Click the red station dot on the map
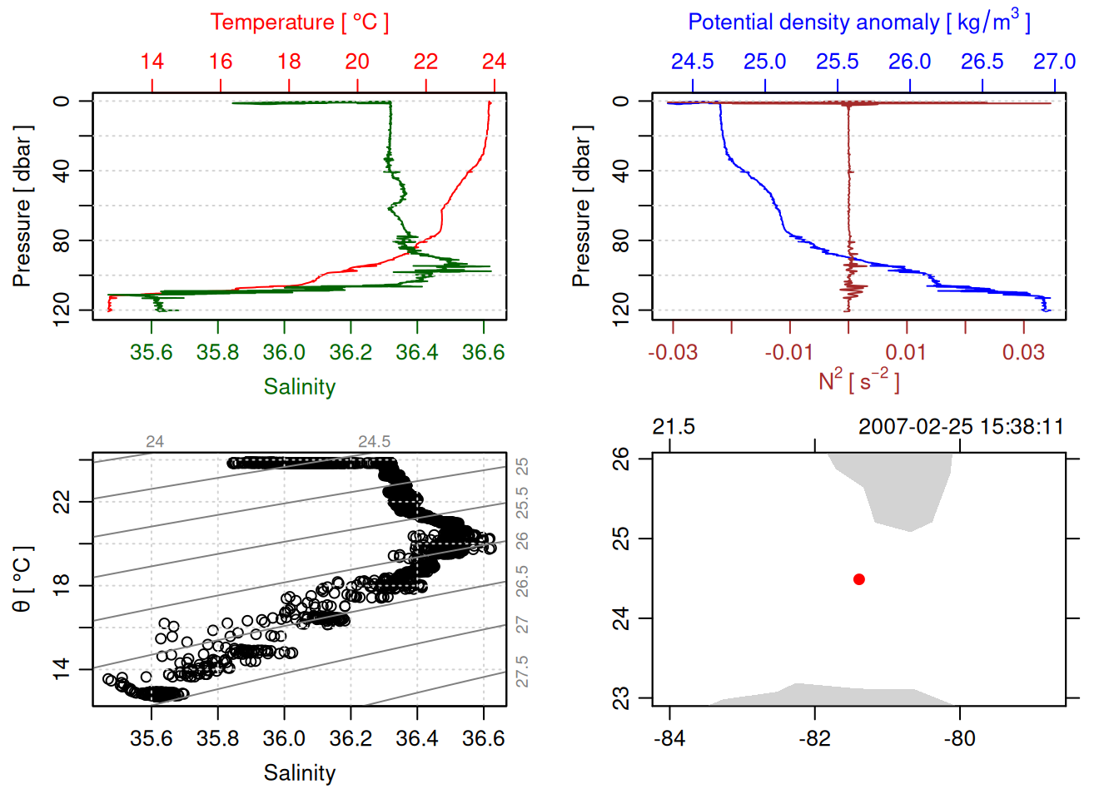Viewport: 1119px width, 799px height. pos(858,579)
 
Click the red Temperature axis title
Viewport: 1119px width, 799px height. pos(299,22)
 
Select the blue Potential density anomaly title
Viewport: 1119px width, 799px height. pos(858,22)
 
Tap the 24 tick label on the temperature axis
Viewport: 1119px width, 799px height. pos(494,62)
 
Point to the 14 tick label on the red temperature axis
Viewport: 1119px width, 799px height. pos(152,62)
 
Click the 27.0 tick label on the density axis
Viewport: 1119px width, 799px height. pos(1054,62)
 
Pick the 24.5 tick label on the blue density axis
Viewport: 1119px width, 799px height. pos(692,62)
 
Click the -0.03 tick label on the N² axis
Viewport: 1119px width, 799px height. pos(673,352)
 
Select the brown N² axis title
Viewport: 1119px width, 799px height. pos(858,381)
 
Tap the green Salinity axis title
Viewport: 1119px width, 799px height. pos(299,387)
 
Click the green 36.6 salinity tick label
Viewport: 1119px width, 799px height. pos(483,352)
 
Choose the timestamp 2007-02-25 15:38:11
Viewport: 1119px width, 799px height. pos(961,427)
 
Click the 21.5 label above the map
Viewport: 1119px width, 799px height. pos(673,427)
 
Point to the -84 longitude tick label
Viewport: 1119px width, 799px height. pos(669,738)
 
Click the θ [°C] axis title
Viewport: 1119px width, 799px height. pos(22,579)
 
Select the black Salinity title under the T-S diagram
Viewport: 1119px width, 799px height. pos(299,773)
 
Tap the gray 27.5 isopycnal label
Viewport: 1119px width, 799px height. pos(522,672)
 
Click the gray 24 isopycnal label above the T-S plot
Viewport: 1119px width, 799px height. pos(155,442)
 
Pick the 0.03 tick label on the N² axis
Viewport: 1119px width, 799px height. pos(1023,352)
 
